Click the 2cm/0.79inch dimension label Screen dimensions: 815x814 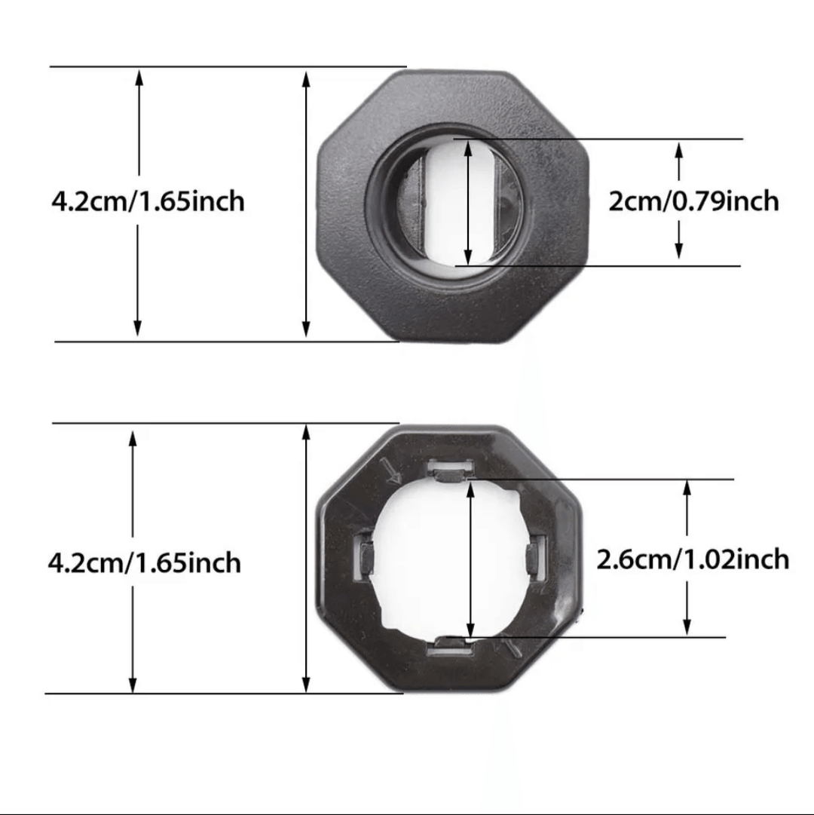693,201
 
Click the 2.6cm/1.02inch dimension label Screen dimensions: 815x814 693,559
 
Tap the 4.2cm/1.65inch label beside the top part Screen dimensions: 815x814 148,201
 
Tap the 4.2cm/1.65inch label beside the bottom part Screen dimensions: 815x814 144,562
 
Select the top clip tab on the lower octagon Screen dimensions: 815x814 448,473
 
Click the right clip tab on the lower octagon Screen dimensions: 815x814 535,559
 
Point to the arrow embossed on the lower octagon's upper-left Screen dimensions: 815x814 392,473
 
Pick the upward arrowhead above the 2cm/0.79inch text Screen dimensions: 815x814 679,150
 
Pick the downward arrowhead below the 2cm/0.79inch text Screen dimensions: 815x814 679,251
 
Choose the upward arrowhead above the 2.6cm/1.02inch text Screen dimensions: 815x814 687,488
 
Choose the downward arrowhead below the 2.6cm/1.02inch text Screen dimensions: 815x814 687,627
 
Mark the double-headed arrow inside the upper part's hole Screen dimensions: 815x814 469,201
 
